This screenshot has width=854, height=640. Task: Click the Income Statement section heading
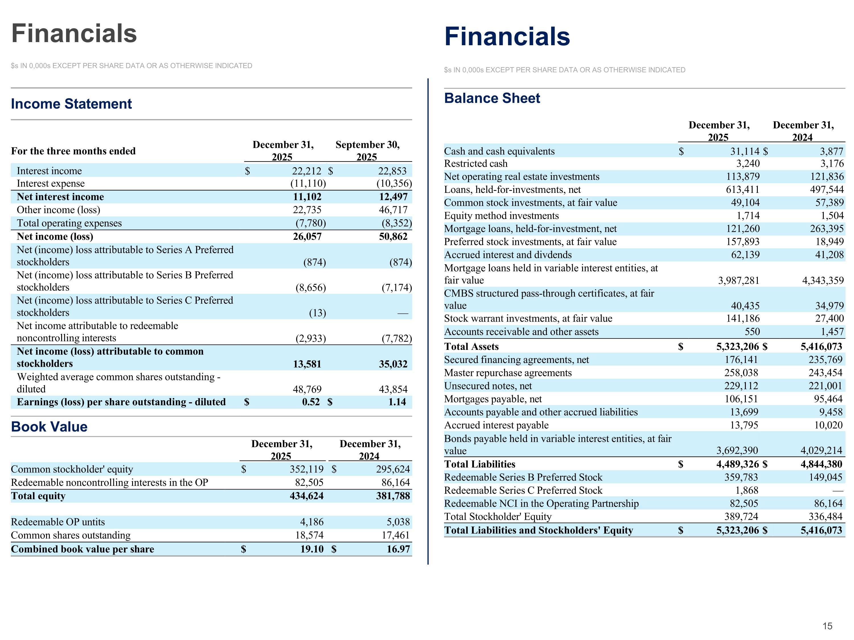71,104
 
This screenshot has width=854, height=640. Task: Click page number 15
827,626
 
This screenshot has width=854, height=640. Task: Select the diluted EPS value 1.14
397,402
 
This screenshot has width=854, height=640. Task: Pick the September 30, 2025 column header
368,150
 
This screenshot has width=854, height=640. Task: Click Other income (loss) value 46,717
393,210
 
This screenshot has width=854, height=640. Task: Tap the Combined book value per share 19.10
312,549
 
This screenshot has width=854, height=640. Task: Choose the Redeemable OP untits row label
58,522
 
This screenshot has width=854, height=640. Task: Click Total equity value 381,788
393,496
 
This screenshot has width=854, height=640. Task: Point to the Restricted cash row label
476,164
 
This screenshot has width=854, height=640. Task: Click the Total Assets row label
471,346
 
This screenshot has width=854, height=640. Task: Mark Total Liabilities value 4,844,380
821,464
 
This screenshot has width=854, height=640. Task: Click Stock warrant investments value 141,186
743,318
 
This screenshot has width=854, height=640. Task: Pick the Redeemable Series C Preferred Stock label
523,490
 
